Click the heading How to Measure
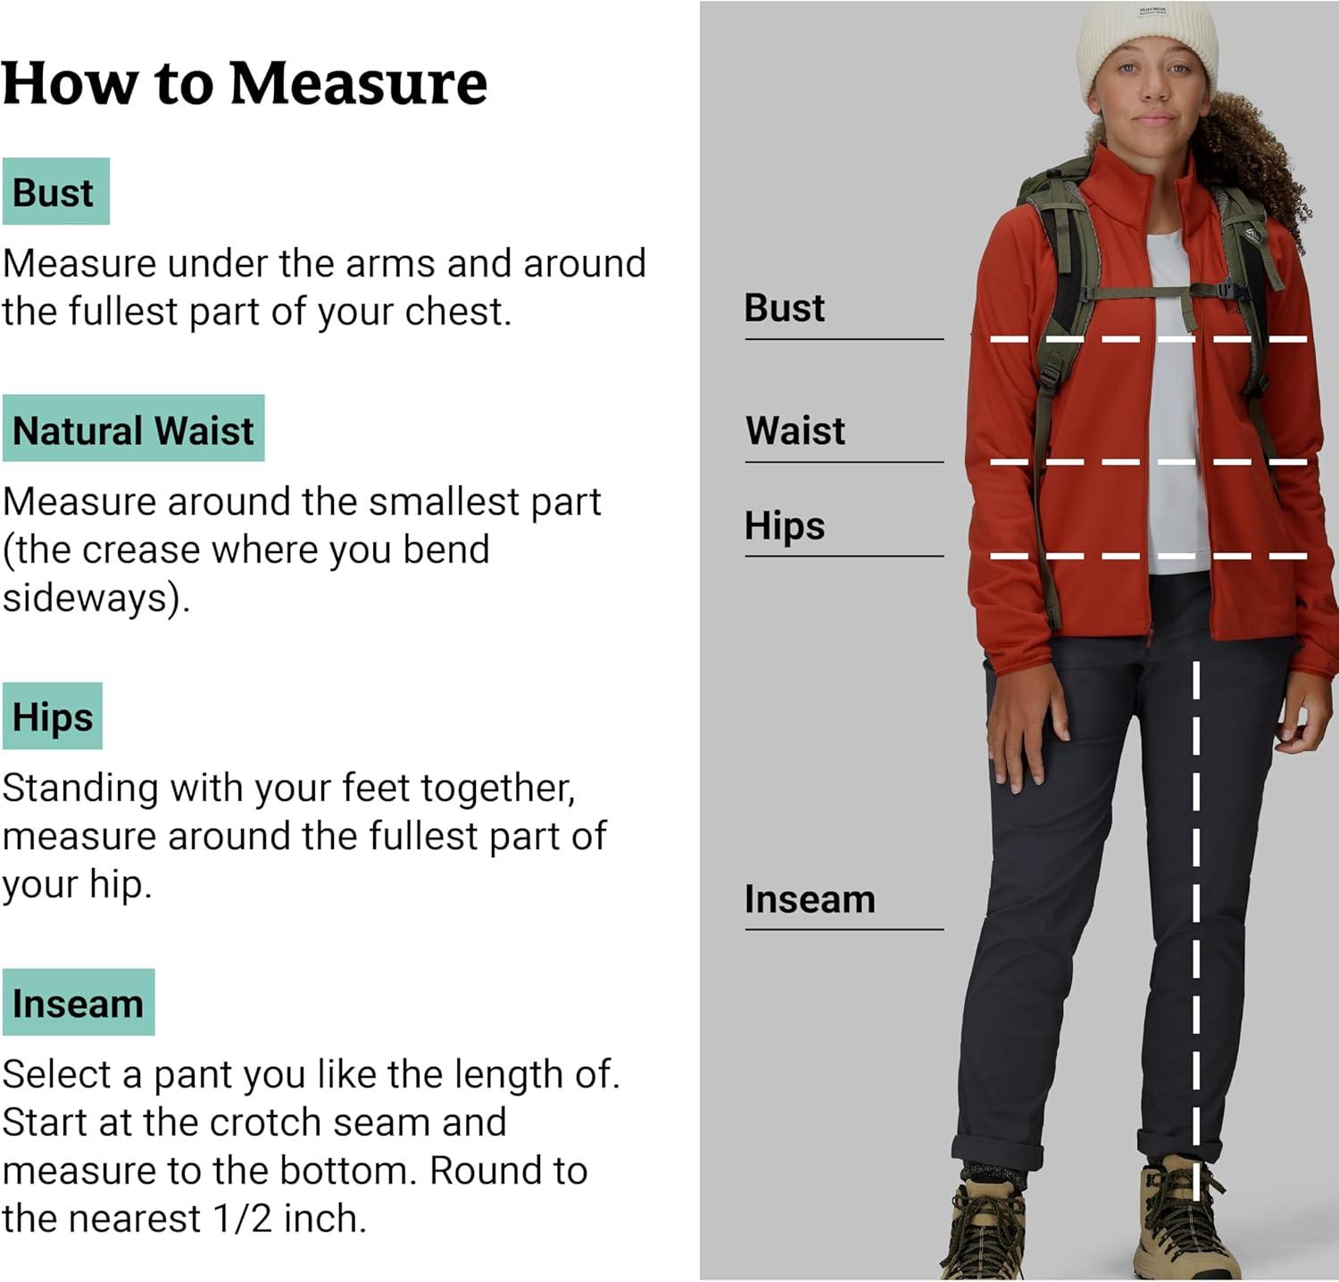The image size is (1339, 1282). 245,83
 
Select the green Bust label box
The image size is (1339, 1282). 55,192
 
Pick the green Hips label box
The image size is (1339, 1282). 53,716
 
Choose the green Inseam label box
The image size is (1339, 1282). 79,1003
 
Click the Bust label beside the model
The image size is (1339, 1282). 785,308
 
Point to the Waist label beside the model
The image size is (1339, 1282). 795,431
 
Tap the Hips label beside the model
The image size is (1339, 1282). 785,525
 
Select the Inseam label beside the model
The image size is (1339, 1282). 810,899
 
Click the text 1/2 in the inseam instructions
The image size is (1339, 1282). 243,1219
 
